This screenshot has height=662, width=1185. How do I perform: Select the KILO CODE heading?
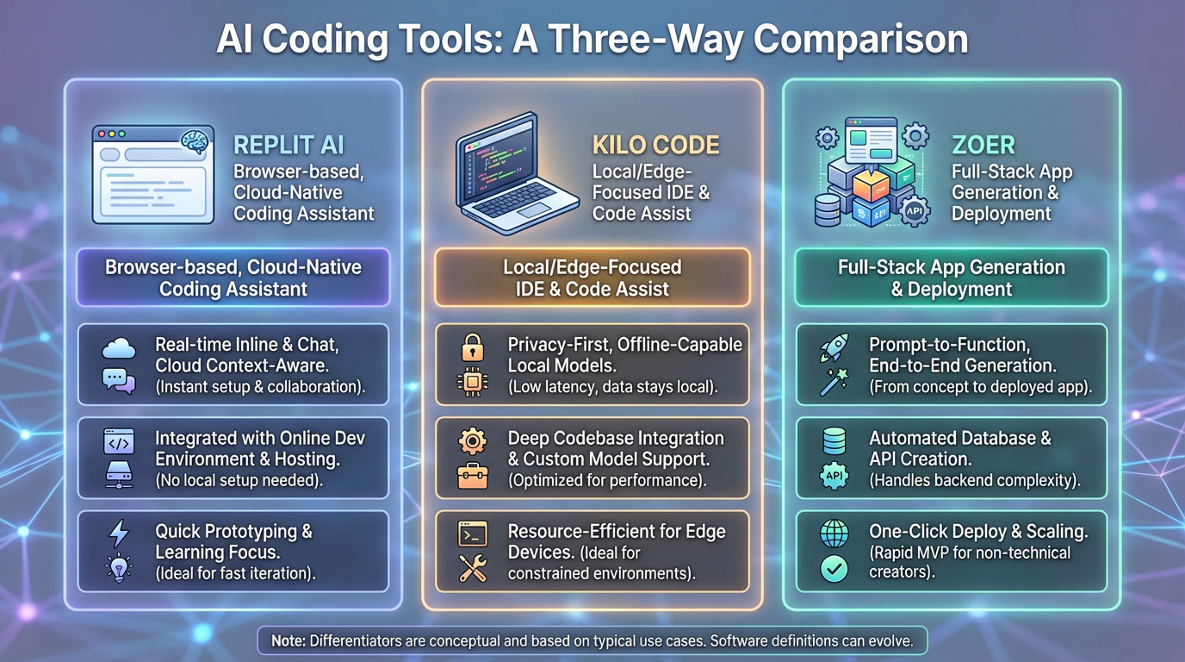click(655, 144)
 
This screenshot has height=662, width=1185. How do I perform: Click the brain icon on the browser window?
click(195, 142)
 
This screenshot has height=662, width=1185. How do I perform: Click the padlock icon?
click(472, 348)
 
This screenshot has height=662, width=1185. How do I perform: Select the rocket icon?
click(834, 347)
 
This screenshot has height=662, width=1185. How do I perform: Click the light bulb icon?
click(119, 568)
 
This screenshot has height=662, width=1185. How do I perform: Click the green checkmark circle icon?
click(834, 568)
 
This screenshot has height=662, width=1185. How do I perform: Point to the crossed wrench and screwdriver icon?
click(473, 568)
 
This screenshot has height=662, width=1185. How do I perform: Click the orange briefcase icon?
click(473, 476)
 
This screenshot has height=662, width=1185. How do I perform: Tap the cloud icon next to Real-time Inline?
click(119, 348)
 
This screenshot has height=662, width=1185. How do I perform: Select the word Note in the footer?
click(288, 640)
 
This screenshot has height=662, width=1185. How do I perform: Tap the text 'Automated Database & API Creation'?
click(959, 448)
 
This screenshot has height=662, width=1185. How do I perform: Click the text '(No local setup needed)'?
click(239, 480)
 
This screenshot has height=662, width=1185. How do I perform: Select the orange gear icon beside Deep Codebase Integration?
click(473, 441)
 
